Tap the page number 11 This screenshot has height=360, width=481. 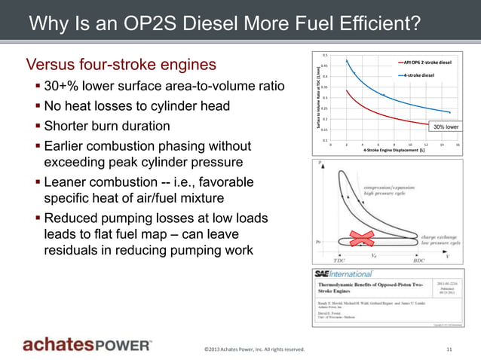(x=449, y=349)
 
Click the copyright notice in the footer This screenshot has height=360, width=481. (x=254, y=349)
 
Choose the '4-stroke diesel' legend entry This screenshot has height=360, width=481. (x=418, y=75)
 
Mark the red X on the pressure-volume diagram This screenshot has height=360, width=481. (x=360, y=240)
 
